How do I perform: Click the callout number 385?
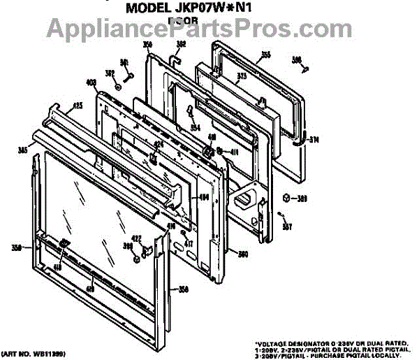click(23, 149)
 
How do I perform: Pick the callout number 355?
click(265, 54)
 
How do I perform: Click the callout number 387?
click(287, 226)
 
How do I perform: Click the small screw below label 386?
click(305, 68)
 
